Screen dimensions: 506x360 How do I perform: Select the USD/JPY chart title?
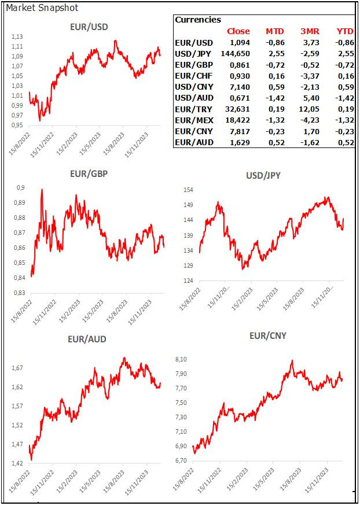point(264,175)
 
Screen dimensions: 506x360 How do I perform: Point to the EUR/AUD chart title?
point(88,339)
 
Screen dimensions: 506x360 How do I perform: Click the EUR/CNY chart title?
point(267,335)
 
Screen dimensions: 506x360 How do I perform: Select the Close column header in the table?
point(238,31)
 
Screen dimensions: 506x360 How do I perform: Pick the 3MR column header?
point(311,31)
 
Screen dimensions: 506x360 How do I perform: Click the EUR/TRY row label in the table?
point(193,109)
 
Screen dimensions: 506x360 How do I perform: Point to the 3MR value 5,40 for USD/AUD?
point(313,98)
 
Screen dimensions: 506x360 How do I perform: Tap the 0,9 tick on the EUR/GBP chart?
point(21,187)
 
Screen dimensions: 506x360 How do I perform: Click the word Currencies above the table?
point(197,20)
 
